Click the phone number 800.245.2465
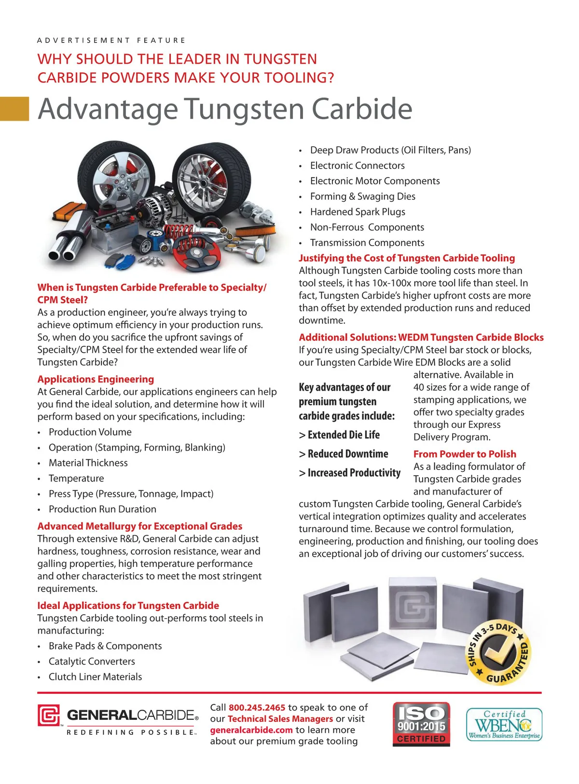[x=257, y=707]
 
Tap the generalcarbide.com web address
[x=251, y=730]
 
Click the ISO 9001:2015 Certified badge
[x=421, y=724]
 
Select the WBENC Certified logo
[x=504, y=724]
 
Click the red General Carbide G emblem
[x=49, y=715]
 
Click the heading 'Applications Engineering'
[x=96, y=379]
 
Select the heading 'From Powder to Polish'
[x=465, y=454]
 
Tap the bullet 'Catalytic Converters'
[x=92, y=661]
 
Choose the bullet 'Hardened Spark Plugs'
[x=358, y=212]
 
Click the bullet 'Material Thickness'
[x=88, y=463]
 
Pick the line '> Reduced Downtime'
[x=344, y=454]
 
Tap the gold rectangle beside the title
[x=14, y=109]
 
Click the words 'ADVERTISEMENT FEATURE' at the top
[x=111, y=41]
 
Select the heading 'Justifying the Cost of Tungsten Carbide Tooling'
[x=407, y=258]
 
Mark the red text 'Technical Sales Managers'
[x=280, y=719]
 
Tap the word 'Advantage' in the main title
[x=108, y=109]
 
